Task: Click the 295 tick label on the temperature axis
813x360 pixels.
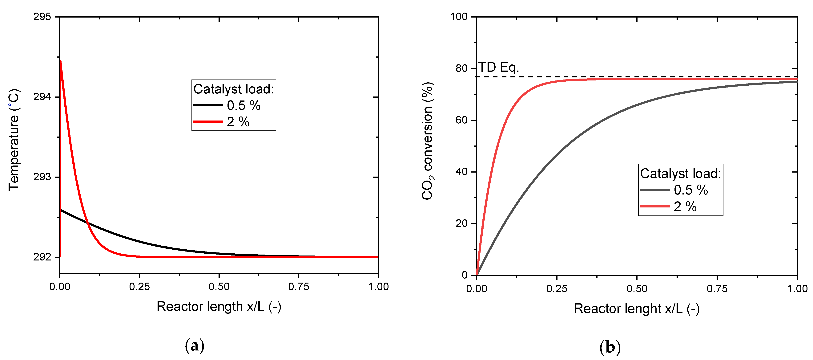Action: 42,17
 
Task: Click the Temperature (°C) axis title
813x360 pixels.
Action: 14,140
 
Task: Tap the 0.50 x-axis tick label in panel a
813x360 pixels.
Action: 219,287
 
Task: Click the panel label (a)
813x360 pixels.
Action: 194,346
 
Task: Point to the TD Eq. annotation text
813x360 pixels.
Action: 498,67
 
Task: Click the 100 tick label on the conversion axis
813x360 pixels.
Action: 459,17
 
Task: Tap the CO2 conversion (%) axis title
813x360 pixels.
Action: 428,141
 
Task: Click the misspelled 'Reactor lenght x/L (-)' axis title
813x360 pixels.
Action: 637,309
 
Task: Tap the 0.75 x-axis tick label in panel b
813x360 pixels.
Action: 717,289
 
